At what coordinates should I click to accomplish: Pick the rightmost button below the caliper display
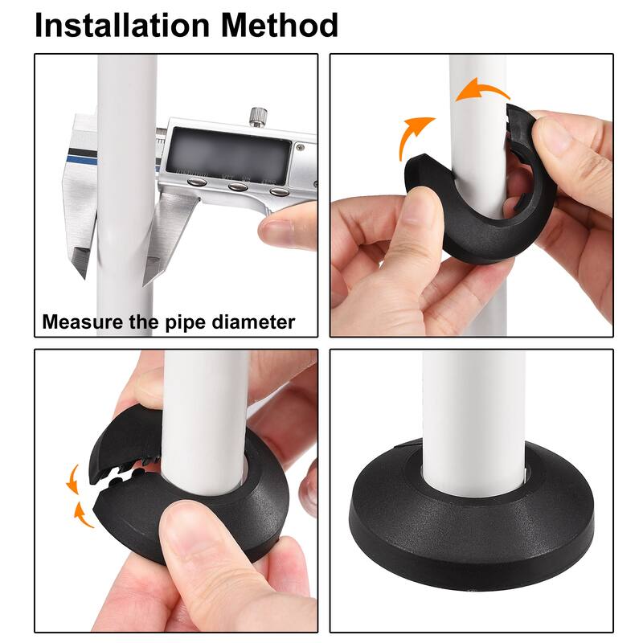tap(278, 191)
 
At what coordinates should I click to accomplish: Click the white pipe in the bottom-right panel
tap(474, 402)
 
